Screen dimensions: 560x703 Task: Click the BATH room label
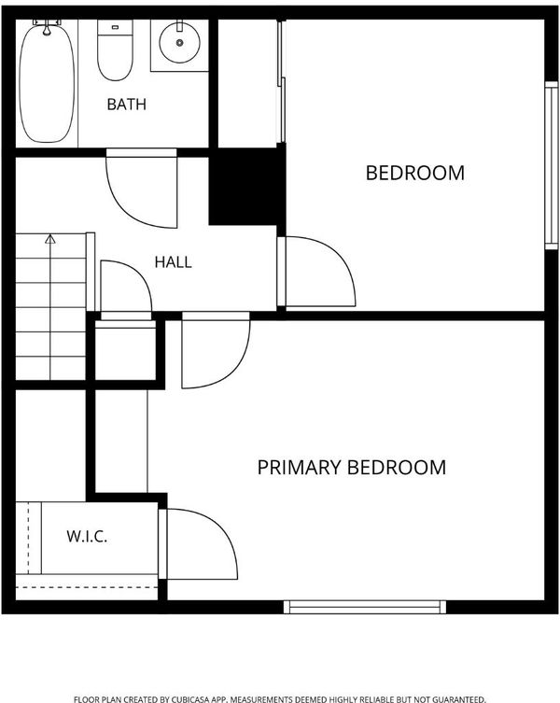point(126,104)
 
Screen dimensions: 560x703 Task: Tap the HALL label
point(173,261)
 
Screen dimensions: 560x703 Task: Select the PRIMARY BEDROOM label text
point(352,467)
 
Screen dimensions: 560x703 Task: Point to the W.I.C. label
point(87,536)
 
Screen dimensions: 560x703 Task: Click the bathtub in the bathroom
point(47,83)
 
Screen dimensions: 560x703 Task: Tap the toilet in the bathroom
point(115,50)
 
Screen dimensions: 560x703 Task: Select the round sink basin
point(180,43)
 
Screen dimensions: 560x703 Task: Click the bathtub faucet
point(47,26)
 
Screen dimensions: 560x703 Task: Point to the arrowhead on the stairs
point(50,239)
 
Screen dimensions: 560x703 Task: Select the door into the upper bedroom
point(316,272)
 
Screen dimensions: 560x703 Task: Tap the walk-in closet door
point(198,543)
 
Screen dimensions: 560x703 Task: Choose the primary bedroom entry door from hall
point(216,350)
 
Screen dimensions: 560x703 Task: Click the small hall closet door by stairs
point(126,289)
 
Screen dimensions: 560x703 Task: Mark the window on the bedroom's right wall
point(552,165)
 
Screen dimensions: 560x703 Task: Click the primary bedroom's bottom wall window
point(365,607)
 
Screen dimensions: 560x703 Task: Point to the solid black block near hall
point(247,187)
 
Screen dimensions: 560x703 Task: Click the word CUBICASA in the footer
point(192,699)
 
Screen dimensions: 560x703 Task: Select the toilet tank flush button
point(115,28)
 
